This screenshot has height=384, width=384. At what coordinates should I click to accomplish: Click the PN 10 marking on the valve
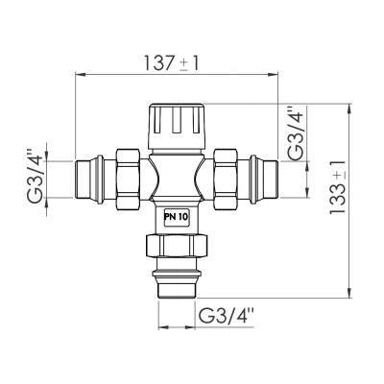(177, 217)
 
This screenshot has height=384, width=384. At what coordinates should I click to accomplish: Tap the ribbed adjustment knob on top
(178, 124)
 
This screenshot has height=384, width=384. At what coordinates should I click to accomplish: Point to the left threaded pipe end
(92, 177)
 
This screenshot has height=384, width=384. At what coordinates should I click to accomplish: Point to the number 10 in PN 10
(182, 217)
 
